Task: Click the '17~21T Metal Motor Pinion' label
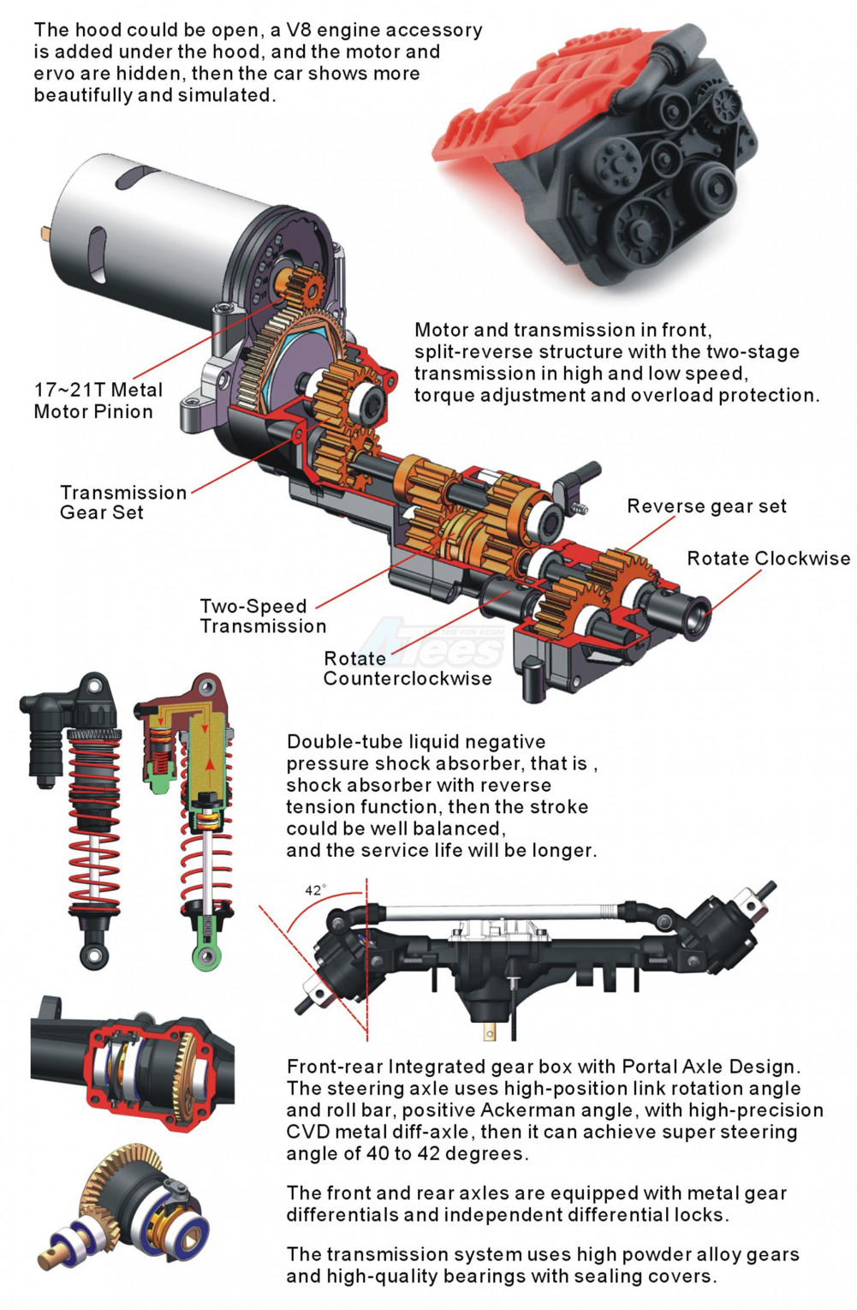pyautogui.click(x=98, y=400)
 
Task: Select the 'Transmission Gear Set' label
pyautogui.click(x=123, y=502)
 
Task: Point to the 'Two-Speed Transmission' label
pyautogui.click(x=262, y=616)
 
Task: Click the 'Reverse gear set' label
pyautogui.click(x=706, y=505)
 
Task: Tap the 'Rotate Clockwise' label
pyautogui.click(x=768, y=559)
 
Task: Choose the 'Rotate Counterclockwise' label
pyautogui.click(x=407, y=668)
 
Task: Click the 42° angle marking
pyautogui.click(x=315, y=890)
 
